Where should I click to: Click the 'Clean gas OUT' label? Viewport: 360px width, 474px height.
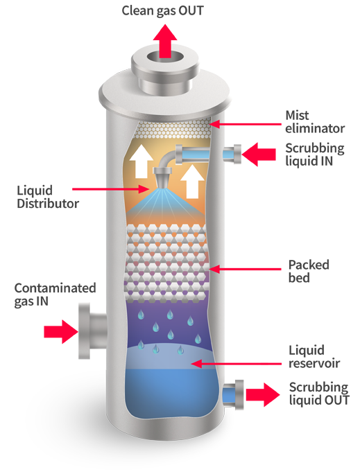coord(162,11)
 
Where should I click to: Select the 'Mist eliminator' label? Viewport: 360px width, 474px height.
coord(315,122)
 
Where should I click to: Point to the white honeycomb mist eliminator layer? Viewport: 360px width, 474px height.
coord(173,129)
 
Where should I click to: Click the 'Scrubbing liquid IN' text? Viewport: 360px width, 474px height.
coord(315,155)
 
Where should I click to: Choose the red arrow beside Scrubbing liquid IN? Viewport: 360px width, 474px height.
coord(259,155)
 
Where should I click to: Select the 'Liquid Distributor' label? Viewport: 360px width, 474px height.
coord(48,197)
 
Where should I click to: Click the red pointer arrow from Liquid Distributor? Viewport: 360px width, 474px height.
coord(111,189)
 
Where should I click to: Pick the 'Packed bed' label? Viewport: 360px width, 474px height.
coord(309,271)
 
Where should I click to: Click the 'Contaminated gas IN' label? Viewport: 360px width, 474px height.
coord(55,295)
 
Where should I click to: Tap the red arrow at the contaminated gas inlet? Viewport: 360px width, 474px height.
coord(61,332)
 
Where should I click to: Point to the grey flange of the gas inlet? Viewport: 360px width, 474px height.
coord(85,331)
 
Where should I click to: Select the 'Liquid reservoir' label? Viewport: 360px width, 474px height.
coord(314,357)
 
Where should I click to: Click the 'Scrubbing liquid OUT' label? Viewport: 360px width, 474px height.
coord(319,394)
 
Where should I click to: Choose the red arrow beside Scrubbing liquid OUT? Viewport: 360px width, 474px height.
coord(263,394)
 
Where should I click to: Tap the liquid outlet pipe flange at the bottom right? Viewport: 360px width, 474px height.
coord(239,395)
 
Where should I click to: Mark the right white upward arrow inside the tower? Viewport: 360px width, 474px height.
coord(192,182)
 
